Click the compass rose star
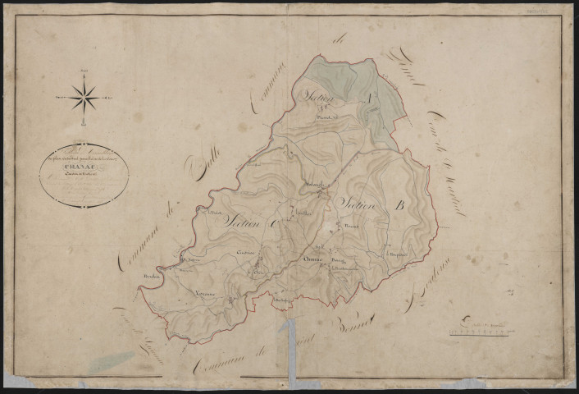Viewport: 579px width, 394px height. click(x=84, y=98)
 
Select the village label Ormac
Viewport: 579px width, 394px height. click(x=312, y=260)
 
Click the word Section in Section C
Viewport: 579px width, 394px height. click(x=239, y=220)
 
